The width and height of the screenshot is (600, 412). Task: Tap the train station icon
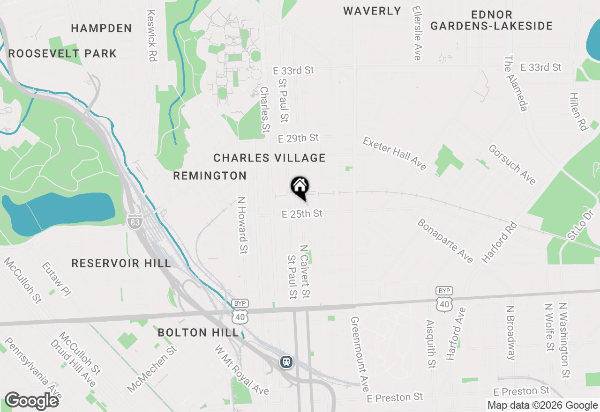click(x=286, y=362)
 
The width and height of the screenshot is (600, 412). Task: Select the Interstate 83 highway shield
click(x=135, y=222)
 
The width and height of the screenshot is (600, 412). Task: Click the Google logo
click(x=32, y=401)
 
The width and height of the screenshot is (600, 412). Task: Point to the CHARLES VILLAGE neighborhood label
click(x=270, y=158)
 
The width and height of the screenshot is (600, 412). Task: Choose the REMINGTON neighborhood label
click(x=210, y=176)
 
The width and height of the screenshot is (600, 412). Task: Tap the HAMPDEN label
click(x=101, y=29)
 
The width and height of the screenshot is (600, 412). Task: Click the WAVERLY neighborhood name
click(x=372, y=11)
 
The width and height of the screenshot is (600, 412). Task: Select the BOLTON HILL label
click(x=198, y=333)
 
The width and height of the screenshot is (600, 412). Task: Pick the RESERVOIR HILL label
click(x=121, y=264)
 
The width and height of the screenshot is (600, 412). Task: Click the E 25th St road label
click(x=302, y=214)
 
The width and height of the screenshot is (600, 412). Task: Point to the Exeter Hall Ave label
click(x=395, y=154)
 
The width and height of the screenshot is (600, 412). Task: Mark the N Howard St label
click(x=242, y=225)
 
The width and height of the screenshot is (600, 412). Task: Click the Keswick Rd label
click(x=151, y=36)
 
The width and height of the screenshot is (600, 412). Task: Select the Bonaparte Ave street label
click(x=445, y=241)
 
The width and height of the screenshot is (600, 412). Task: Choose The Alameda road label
click(x=516, y=84)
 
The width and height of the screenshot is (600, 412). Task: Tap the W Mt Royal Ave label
click(x=242, y=370)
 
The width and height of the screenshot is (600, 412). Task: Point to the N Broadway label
click(x=511, y=333)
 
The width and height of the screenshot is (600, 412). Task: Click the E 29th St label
click(x=298, y=138)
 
